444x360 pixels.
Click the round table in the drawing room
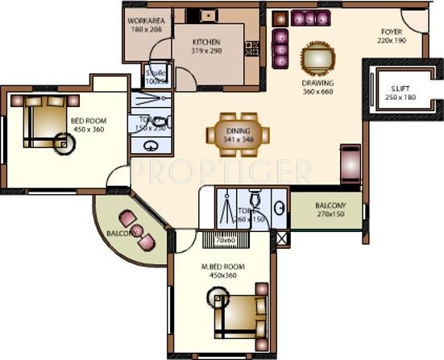point(314,58)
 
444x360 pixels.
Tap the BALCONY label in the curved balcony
point(121,234)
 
